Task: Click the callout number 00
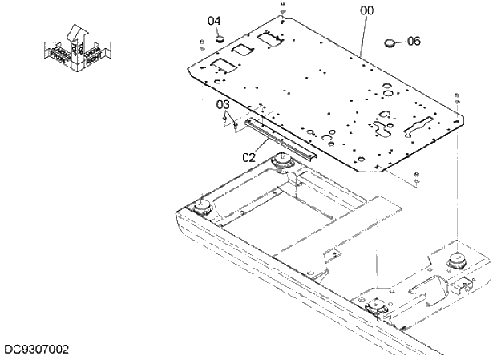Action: [367, 10]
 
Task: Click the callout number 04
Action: [214, 21]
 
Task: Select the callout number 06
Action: [414, 40]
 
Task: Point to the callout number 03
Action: [224, 104]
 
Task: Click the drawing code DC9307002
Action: [37, 350]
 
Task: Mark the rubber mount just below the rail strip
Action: [282, 164]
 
